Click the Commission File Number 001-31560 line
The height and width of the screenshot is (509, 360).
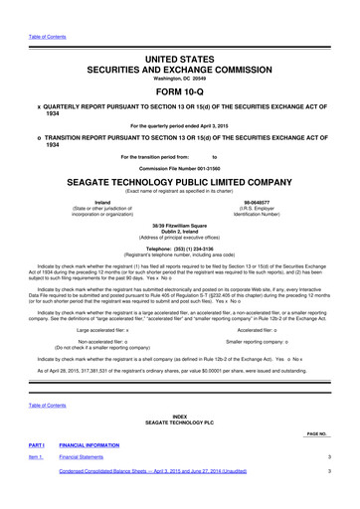tap(179, 166)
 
